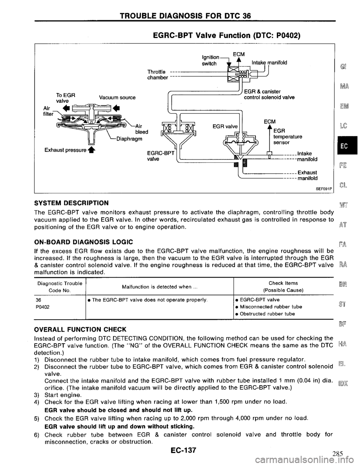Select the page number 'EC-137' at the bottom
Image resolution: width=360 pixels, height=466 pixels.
(x=179, y=451)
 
